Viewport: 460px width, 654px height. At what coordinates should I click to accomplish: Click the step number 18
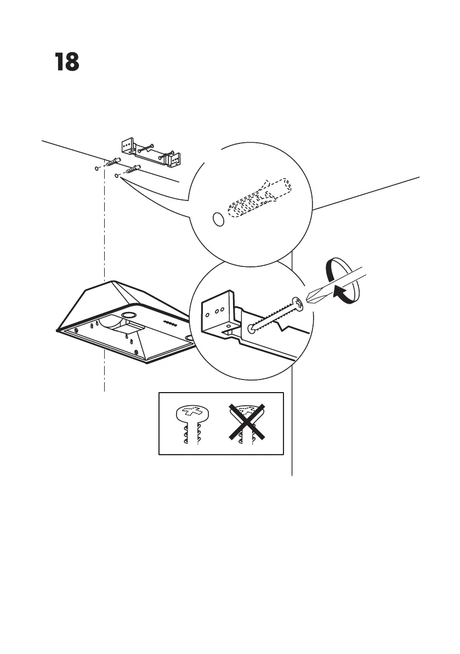[x=67, y=63]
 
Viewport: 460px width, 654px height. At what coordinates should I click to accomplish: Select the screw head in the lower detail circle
[x=298, y=302]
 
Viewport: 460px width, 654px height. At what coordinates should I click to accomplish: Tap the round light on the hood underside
[x=130, y=315]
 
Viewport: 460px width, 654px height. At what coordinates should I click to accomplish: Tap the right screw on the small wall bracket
[x=167, y=154]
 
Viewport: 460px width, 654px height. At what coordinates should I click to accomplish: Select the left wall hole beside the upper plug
[x=97, y=168]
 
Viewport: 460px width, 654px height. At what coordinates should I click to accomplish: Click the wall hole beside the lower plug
[x=117, y=176]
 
